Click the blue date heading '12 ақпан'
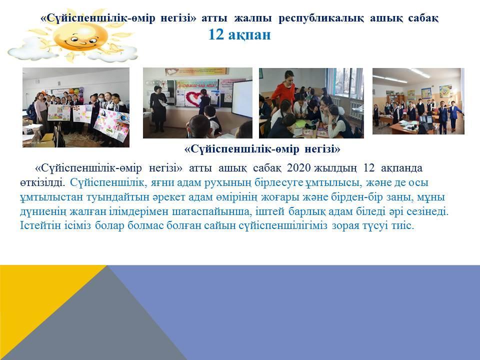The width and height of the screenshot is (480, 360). point(239,34)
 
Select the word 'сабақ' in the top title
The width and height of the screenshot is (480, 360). point(423,18)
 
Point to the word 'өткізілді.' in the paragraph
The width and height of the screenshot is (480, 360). point(42,182)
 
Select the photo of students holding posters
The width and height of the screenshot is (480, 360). point(76,107)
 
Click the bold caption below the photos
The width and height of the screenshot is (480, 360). point(262,149)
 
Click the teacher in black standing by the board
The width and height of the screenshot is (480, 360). point(159,107)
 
